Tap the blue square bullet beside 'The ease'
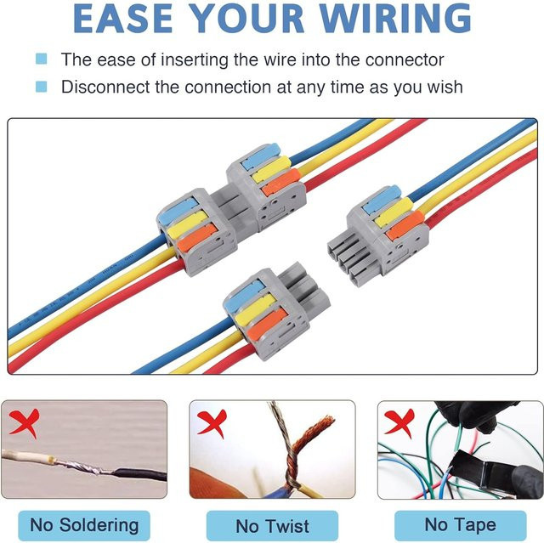tap(41, 59)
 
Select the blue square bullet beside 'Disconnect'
tap(41, 87)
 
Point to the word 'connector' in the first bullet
tap(405, 59)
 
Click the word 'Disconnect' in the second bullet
tap(105, 87)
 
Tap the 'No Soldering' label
tap(84, 525)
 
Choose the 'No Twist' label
tap(272, 526)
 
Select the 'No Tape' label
tap(461, 525)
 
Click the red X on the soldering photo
tap(25, 422)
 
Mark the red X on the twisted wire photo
tap(212, 422)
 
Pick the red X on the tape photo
tap(399, 422)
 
